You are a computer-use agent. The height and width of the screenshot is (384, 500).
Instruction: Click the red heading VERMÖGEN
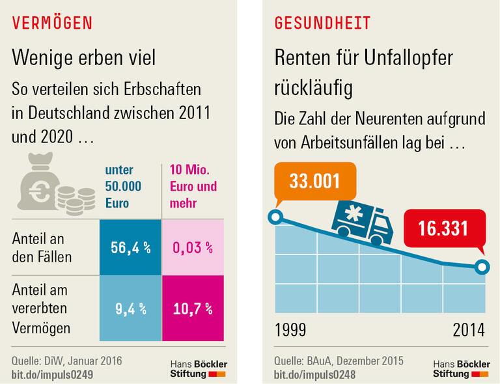point(52,23)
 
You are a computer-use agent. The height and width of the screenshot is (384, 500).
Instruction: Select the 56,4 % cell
point(130,247)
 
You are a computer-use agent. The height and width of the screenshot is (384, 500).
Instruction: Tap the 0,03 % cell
point(193,247)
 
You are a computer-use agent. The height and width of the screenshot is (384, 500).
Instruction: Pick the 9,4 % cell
point(130,309)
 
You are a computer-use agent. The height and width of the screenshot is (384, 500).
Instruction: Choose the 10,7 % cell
point(193,309)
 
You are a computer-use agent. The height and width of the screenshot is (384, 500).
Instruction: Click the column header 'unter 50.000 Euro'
point(124,186)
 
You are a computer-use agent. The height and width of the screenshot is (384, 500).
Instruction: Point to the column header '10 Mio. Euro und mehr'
point(193,186)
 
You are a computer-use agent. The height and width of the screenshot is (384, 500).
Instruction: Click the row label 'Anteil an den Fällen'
point(42,248)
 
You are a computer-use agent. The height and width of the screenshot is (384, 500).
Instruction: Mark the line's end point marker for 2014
point(481,266)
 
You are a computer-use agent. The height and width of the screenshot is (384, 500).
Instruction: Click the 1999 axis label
point(290,330)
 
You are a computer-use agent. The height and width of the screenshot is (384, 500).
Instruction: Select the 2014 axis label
point(469,330)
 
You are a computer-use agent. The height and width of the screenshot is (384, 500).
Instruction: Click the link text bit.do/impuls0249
point(52,375)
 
